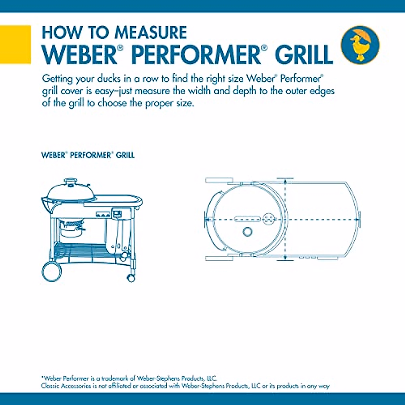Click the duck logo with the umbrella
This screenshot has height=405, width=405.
[360, 45]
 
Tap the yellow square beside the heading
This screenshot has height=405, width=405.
[15, 45]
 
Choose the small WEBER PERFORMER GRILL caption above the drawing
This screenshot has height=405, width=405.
[88, 155]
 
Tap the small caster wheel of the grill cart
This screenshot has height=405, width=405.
[131, 277]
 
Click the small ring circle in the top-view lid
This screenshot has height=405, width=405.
[248, 232]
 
